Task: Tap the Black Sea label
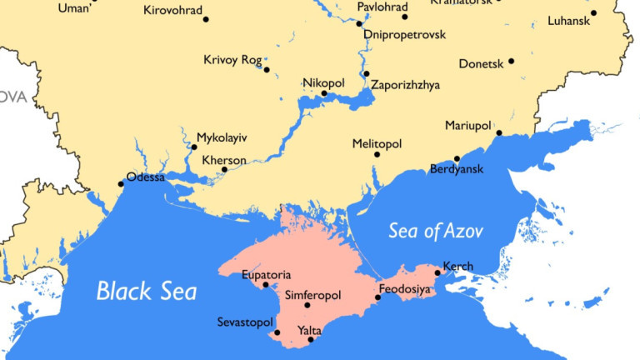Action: click(x=147, y=291)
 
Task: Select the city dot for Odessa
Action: click(x=122, y=183)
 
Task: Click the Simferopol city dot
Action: click(x=307, y=305)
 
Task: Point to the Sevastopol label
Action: click(x=245, y=321)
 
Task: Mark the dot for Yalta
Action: click(x=311, y=339)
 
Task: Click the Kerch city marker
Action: click(x=438, y=272)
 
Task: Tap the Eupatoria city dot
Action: click(x=266, y=285)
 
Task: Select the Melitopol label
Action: click(x=377, y=142)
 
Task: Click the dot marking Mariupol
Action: click(x=498, y=132)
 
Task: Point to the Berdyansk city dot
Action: click(x=457, y=158)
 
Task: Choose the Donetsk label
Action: click(x=481, y=63)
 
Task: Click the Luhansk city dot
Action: click(x=593, y=13)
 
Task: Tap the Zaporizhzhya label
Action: click(x=406, y=85)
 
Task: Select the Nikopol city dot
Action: click(x=324, y=93)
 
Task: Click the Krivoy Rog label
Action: click(x=232, y=59)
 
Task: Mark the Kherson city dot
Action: click(x=225, y=170)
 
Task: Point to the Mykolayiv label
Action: click(x=222, y=137)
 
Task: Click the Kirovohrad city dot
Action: click(x=206, y=18)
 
